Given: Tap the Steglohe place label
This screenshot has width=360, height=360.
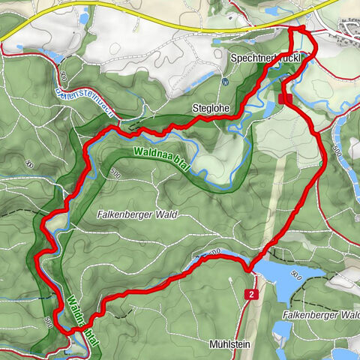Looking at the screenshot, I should [x=210, y=108].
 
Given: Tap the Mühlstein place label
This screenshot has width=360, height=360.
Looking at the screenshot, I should [x=229, y=344].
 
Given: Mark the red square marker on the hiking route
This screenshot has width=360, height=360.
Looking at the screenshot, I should [x=284, y=98].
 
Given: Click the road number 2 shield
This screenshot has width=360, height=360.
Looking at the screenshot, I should [x=251, y=295].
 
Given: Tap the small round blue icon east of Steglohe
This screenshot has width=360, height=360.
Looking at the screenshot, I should [x=226, y=82].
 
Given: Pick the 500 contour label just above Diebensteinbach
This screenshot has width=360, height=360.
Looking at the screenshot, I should [x=64, y=76].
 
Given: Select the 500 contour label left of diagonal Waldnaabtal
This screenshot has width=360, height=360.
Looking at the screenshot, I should [x=48, y=321].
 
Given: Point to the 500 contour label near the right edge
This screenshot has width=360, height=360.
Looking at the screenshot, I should [x=336, y=152].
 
